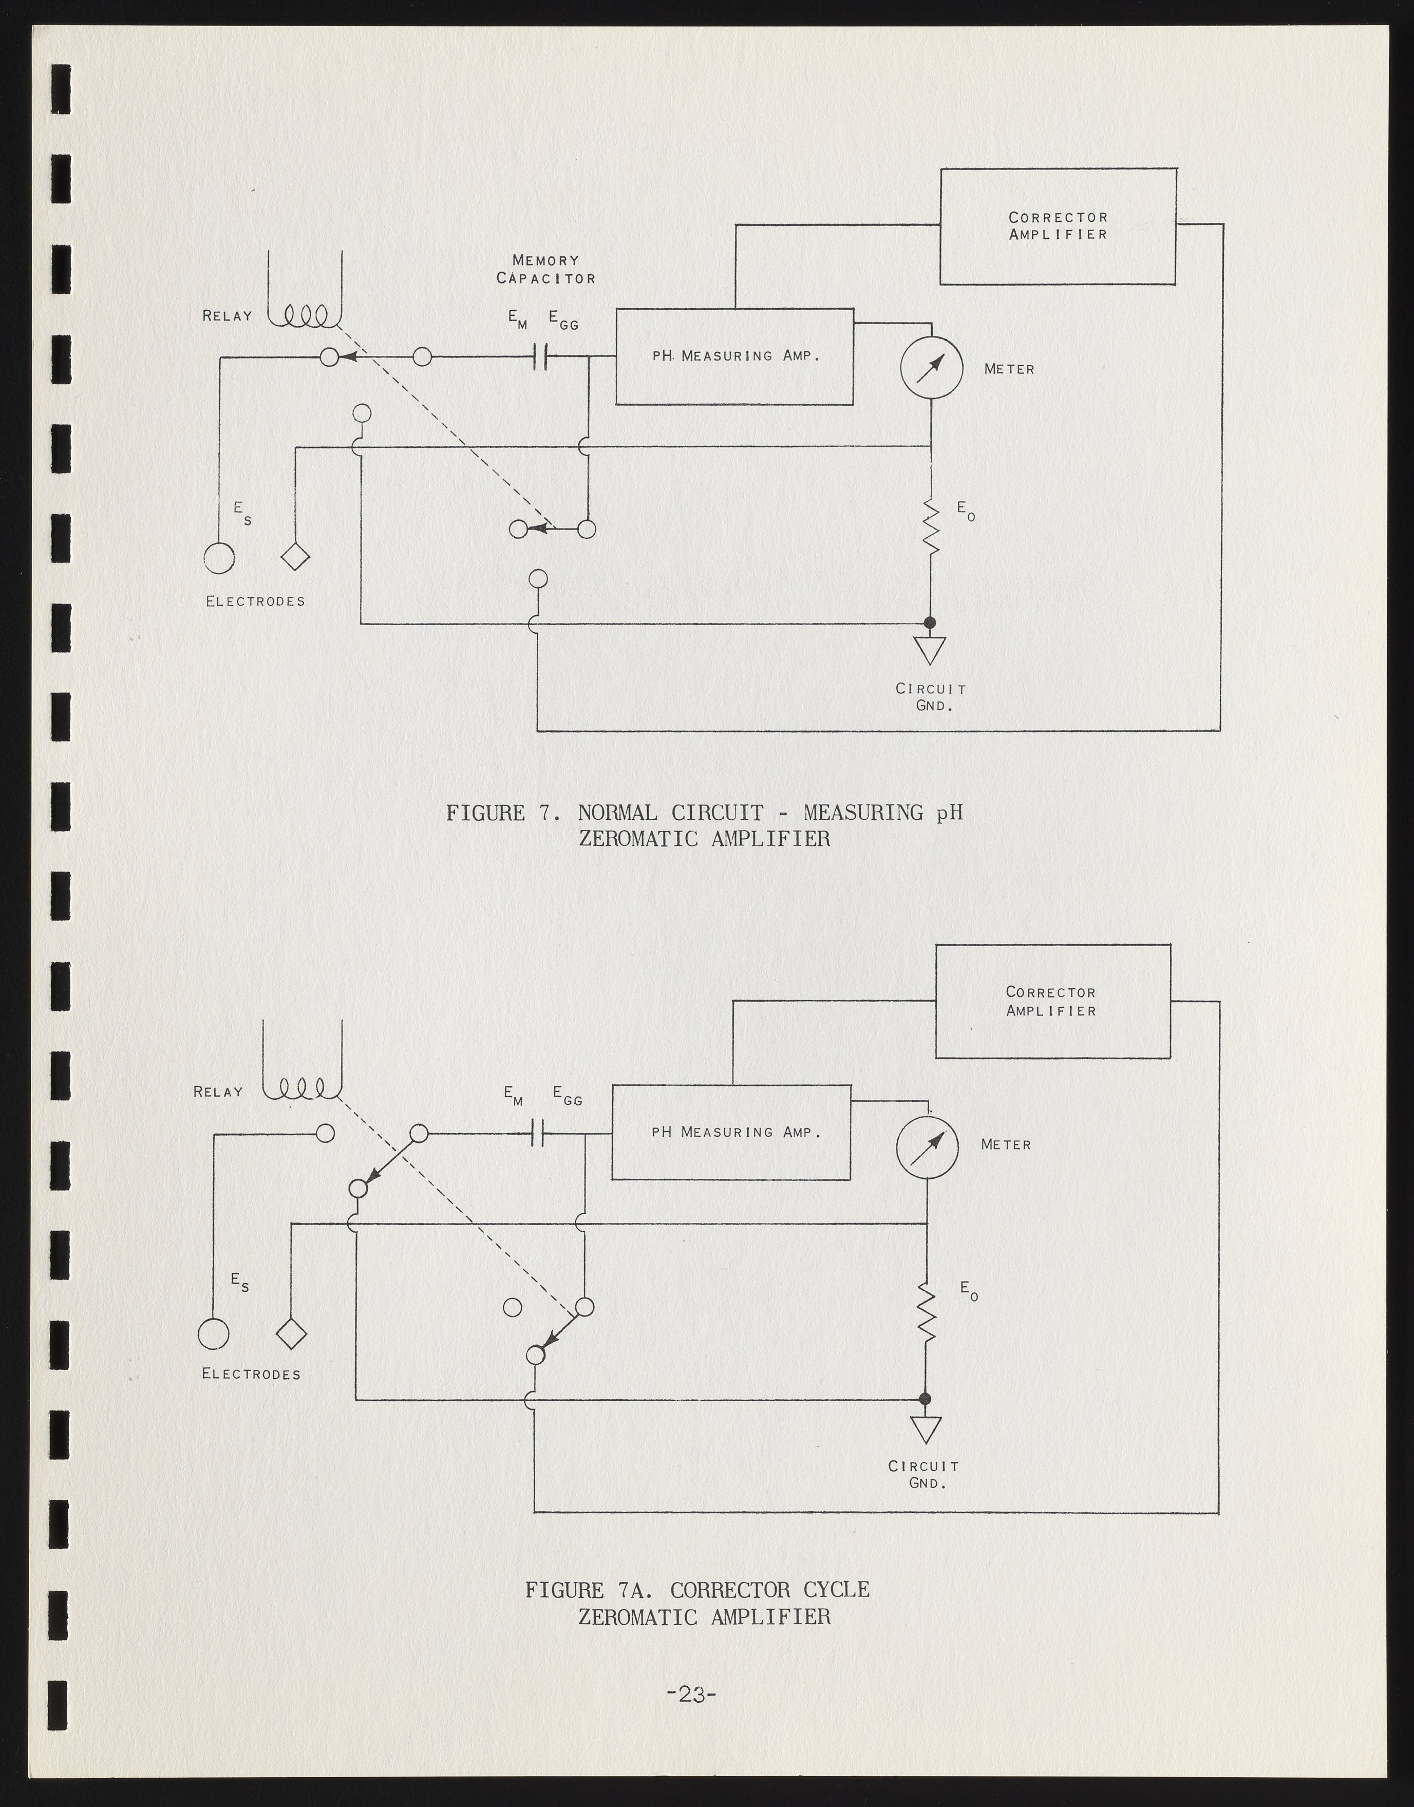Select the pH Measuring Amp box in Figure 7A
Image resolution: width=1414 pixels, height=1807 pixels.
click(731, 1132)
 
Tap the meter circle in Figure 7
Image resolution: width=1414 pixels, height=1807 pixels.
click(931, 368)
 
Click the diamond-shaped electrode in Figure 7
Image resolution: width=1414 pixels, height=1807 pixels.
click(295, 557)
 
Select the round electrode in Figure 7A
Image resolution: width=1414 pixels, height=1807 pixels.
click(214, 1333)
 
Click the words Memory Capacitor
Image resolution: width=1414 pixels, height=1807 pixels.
click(545, 269)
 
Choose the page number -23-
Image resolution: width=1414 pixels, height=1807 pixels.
click(690, 1693)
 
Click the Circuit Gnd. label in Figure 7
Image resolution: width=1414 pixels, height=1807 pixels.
click(931, 697)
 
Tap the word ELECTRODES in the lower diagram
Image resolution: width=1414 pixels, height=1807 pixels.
click(251, 1373)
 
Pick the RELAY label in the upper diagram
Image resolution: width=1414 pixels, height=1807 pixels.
click(227, 315)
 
